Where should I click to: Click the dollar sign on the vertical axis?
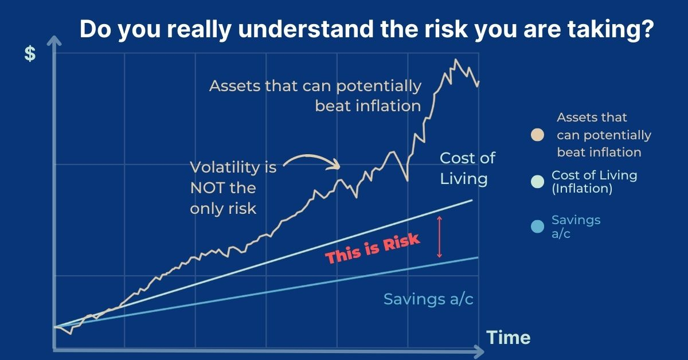30,54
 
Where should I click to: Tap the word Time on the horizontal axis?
509,338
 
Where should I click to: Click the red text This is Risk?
372,248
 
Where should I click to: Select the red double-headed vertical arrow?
440,237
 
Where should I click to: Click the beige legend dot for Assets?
538,135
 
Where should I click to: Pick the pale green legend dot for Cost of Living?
538,182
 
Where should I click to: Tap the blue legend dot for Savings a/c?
538,226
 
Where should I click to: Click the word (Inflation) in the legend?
582,189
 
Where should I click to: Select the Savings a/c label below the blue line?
428,299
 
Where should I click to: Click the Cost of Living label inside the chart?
467,169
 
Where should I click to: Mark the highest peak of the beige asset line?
455,60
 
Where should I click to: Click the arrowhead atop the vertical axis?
54,41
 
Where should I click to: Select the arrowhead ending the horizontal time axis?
479,351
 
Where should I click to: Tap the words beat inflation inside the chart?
368,106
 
